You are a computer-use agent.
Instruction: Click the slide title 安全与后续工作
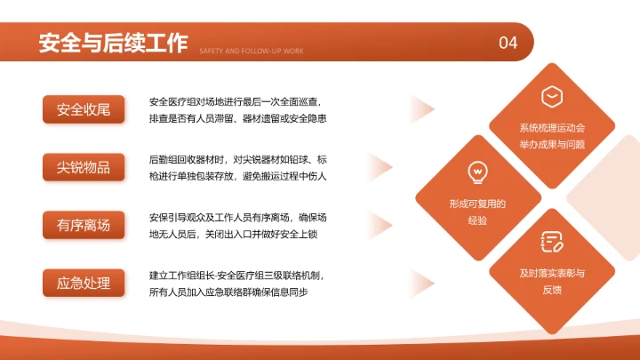[113, 42]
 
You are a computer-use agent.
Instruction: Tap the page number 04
[508, 43]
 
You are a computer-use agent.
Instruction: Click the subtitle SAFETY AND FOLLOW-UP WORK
[252, 52]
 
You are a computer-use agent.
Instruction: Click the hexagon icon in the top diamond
[552, 95]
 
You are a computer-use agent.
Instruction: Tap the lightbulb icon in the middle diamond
[477, 172]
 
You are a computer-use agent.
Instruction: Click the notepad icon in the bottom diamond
[552, 241]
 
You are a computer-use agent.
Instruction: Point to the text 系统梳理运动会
[552, 128]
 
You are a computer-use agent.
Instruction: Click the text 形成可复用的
[477, 204]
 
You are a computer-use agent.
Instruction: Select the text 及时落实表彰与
[552, 273]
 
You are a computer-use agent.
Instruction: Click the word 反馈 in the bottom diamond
[552, 289]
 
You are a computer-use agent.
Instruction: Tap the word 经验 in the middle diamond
[477, 220]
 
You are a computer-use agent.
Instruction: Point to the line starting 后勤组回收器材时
[238, 159]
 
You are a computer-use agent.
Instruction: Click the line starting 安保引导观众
[238, 217]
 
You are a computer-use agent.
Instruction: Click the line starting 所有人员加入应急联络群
[228, 292]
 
